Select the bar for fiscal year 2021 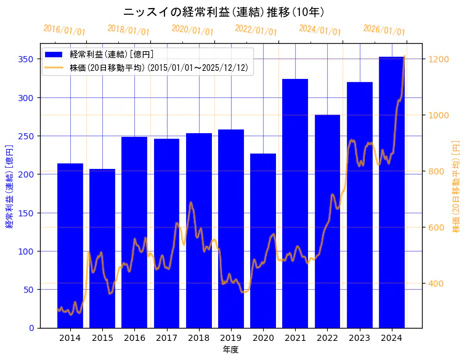[295, 203]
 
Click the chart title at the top [224, 12]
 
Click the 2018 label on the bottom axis [199, 338]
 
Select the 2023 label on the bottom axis [360, 338]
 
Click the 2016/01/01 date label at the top [65, 30]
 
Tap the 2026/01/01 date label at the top [384, 30]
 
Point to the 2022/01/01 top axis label [256, 30]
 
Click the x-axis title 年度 [231, 350]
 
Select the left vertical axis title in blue [9, 186]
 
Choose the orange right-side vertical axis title [457, 186]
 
